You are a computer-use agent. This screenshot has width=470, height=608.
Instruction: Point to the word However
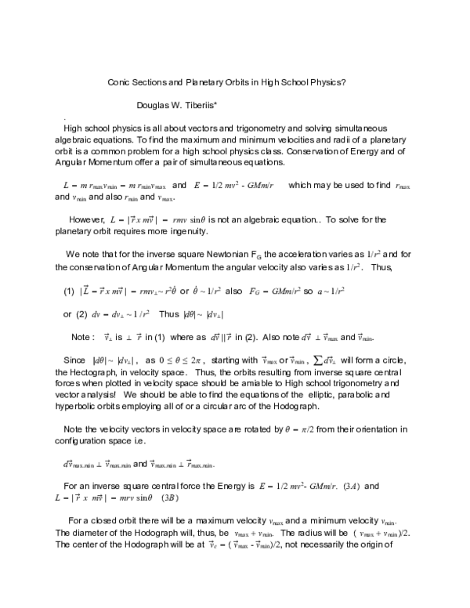pos(90,220)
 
